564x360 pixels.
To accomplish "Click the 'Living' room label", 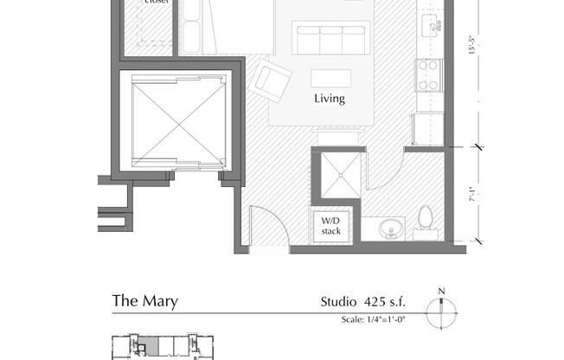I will (329, 99).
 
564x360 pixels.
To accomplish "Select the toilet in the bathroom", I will (425, 222).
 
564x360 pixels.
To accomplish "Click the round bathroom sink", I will (391, 229).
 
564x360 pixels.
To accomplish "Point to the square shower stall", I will (334, 175).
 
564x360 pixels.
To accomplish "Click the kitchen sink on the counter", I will (429, 26).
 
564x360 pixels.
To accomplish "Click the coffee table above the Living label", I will (331, 77).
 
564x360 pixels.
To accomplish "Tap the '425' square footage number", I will (375, 302).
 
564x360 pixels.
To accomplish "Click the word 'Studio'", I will (337, 302).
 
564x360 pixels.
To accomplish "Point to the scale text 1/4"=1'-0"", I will (373, 319).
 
